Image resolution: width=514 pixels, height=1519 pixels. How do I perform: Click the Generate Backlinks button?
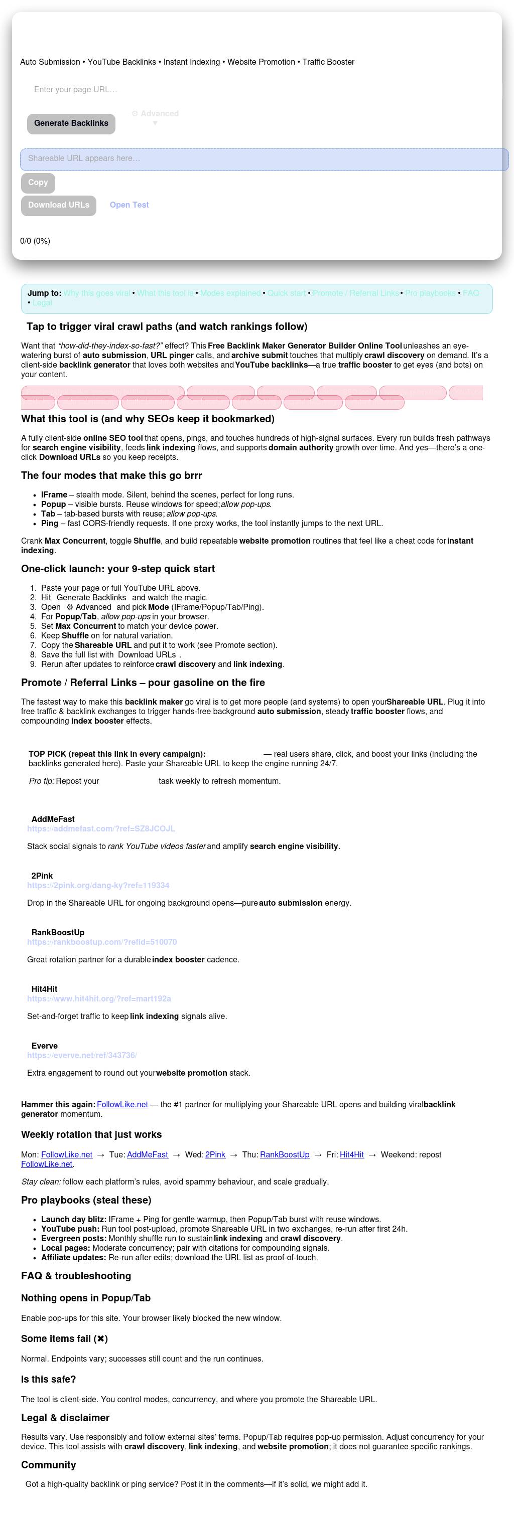coord(71,123)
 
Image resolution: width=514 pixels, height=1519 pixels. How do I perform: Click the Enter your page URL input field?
coord(260,90)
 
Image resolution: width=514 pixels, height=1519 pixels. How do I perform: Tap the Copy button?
coord(38,183)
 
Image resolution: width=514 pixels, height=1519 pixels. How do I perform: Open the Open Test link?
coord(129,205)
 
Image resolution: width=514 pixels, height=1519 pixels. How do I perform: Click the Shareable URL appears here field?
coord(264,159)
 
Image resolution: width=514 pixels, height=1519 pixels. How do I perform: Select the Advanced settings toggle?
coord(155,114)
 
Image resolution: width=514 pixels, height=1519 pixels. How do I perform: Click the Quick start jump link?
coord(287,293)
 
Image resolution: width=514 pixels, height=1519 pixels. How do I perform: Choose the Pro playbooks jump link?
coord(430,293)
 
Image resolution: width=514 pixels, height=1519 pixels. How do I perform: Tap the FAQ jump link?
coord(470,293)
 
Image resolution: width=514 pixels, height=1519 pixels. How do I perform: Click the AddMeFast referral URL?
coord(101,828)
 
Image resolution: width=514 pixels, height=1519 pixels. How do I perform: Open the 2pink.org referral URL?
coord(98,885)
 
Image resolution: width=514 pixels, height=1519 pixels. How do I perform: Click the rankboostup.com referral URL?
coord(101,942)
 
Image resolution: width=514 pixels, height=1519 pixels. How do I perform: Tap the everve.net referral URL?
coord(81,1055)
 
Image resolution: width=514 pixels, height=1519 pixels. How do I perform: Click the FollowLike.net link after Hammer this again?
coord(122,1104)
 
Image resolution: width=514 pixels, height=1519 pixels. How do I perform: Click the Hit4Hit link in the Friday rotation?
coord(352,1154)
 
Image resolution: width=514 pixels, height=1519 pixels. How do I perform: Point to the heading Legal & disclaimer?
coord(65,1417)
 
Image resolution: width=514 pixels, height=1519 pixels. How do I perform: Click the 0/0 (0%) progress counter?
coord(35,241)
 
